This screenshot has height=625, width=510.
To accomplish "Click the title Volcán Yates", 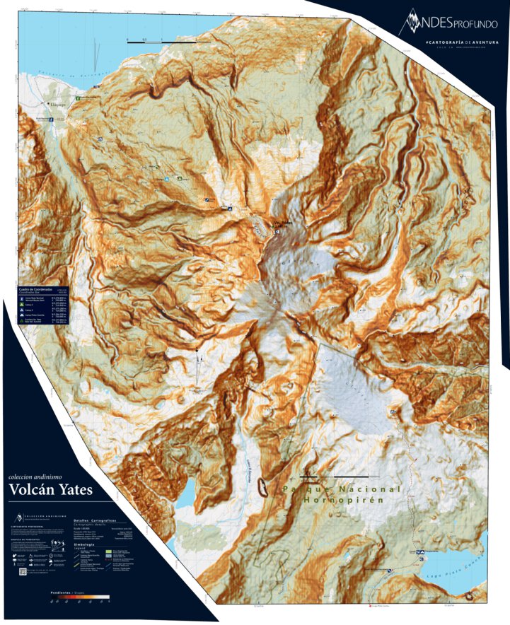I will coord(50,489).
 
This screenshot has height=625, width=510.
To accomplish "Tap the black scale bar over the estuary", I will coord(162,42).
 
